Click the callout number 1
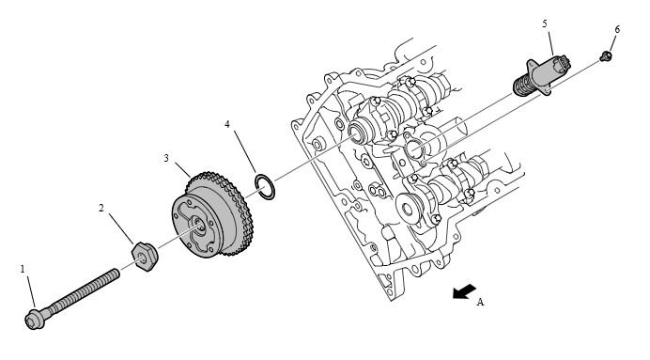(x=23, y=269)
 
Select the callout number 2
(x=101, y=208)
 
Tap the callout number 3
(x=166, y=158)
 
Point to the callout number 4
(x=227, y=124)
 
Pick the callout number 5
(x=545, y=23)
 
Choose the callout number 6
(x=617, y=29)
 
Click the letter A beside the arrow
(x=480, y=302)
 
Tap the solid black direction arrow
(x=464, y=291)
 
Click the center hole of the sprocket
(x=198, y=226)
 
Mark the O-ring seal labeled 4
(x=265, y=187)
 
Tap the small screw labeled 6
(x=606, y=55)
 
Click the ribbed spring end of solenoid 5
(x=523, y=85)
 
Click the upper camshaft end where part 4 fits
(x=357, y=133)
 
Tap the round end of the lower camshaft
(x=408, y=209)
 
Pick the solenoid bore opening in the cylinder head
(x=414, y=149)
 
